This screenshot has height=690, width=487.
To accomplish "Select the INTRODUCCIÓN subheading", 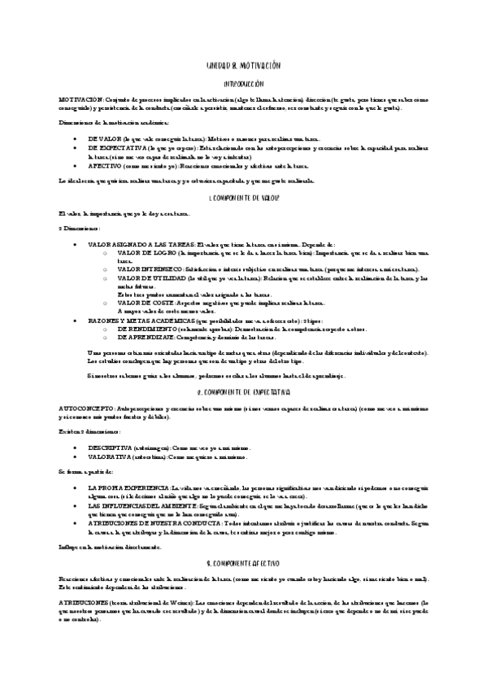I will (244, 83).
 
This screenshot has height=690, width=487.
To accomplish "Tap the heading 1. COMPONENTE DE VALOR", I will (244, 198).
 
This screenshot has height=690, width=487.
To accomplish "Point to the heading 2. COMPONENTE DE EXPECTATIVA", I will (244, 391).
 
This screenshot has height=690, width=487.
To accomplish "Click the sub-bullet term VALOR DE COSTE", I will (145, 303).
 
